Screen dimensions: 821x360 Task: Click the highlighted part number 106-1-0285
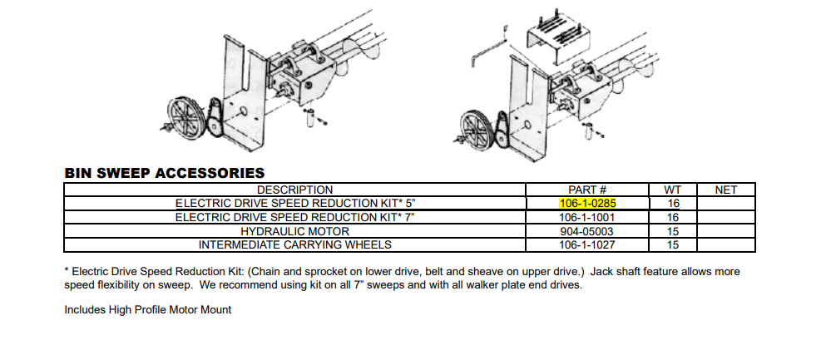[x=587, y=204]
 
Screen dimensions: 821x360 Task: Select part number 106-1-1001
[x=587, y=217]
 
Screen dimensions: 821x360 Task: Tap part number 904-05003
[x=587, y=231]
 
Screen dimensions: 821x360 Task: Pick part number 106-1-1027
[x=587, y=244]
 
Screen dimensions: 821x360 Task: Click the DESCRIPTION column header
[x=294, y=190]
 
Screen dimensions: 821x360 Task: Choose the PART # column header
[x=587, y=190]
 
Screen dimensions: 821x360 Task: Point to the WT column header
[x=673, y=190]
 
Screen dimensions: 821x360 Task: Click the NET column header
[x=725, y=190]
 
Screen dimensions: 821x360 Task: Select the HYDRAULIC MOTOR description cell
[x=294, y=231]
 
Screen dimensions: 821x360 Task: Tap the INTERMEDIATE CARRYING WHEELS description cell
[x=294, y=244]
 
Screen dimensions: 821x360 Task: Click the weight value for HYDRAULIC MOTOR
[x=673, y=231]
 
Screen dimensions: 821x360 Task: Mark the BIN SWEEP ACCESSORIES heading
[x=165, y=173]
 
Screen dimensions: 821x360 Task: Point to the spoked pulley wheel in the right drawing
[x=476, y=128]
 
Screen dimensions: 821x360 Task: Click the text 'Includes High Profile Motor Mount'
[x=148, y=310]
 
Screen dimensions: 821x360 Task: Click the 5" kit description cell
[x=294, y=204]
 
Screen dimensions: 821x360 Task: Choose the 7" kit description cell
[x=294, y=217]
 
